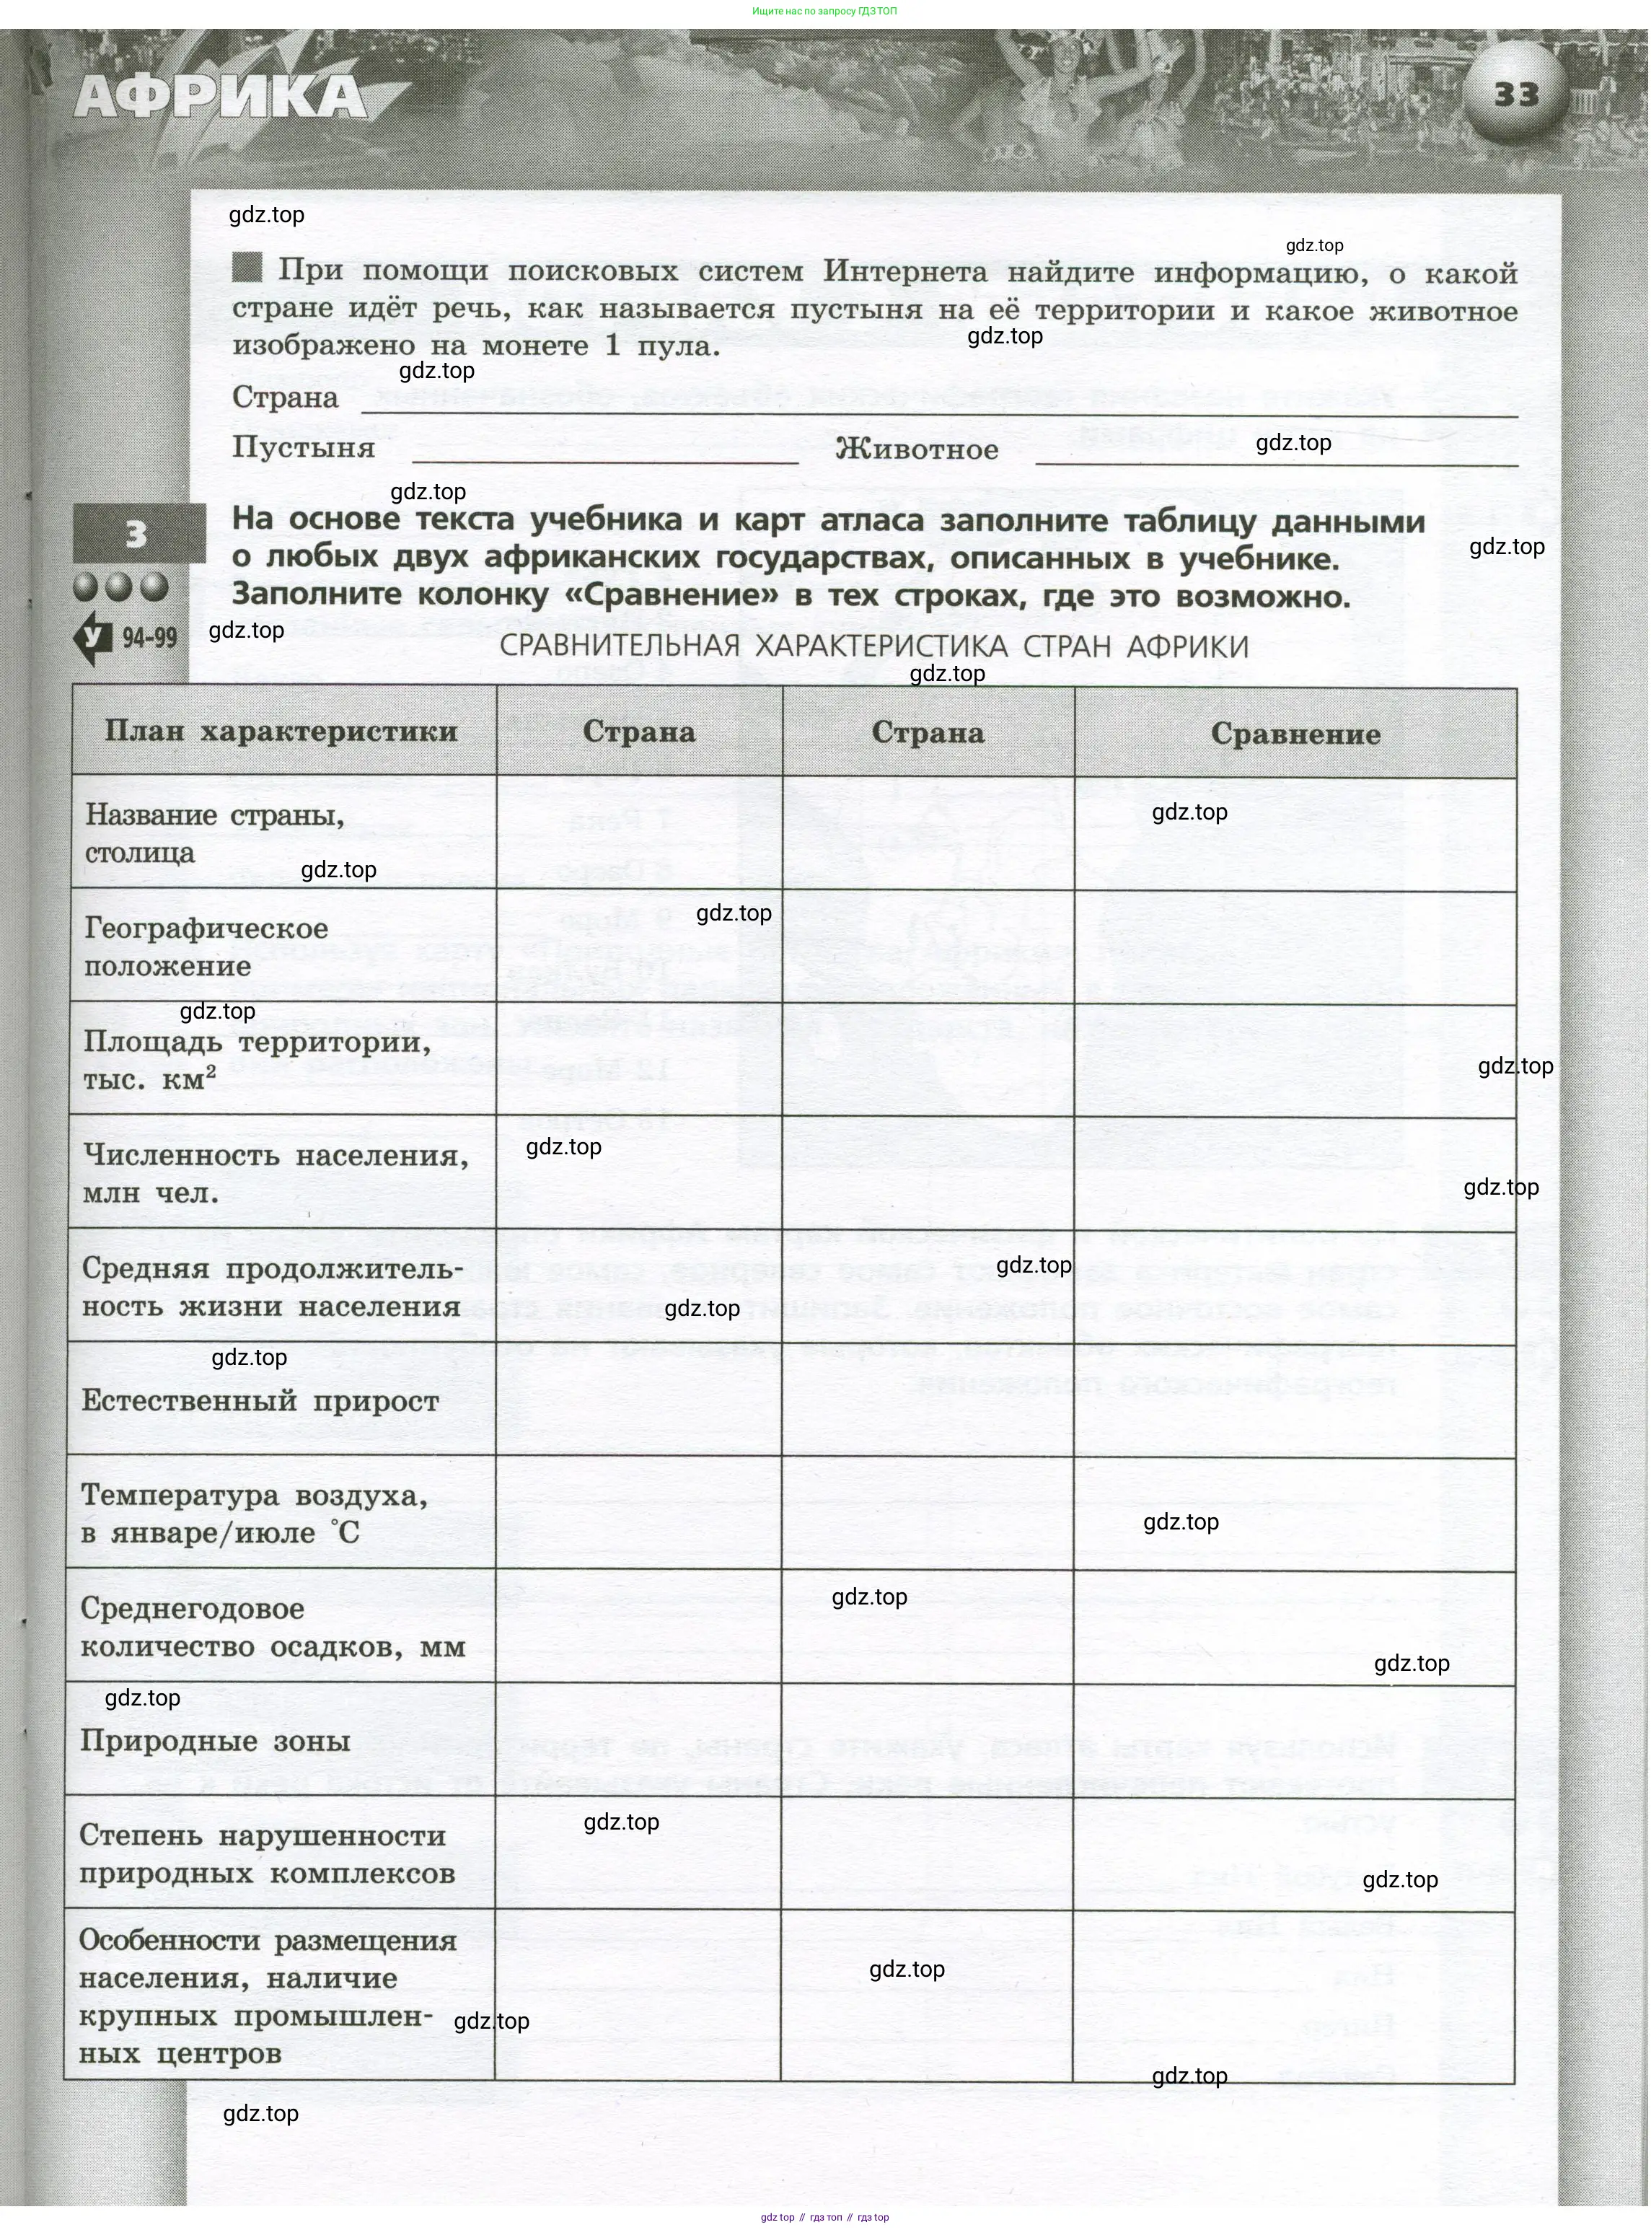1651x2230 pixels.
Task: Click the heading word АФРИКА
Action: tap(221, 99)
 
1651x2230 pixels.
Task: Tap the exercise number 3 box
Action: tap(138, 535)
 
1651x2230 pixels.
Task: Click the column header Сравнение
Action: tap(1295, 734)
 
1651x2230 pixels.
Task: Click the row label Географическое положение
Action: tap(206, 947)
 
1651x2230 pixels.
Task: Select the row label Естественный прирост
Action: tap(260, 1400)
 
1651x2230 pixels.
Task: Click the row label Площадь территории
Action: tap(257, 1060)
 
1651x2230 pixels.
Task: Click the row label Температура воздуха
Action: tap(254, 1514)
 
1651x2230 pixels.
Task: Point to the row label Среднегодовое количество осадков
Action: tap(272, 1628)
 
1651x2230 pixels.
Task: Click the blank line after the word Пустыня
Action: tap(604, 457)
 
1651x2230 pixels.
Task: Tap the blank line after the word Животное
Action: tap(1276, 458)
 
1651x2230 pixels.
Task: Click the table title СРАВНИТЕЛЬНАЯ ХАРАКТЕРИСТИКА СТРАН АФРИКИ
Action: tap(873, 646)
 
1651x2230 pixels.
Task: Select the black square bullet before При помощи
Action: tap(247, 267)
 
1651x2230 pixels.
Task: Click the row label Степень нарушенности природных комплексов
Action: tap(267, 1854)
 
